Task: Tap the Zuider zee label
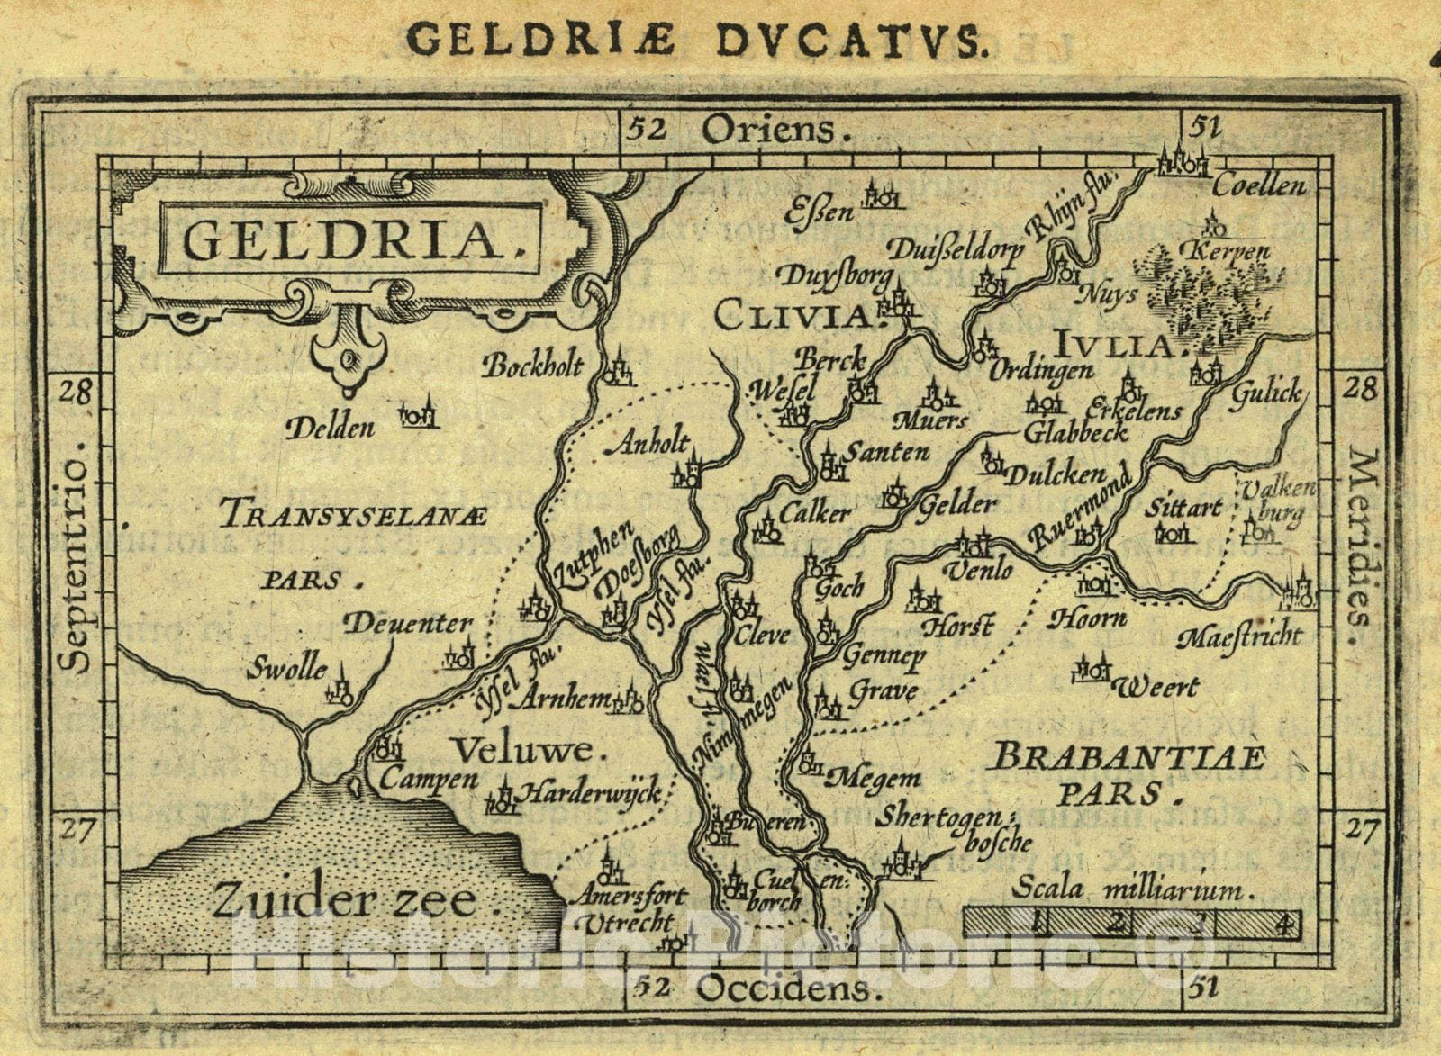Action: (344, 900)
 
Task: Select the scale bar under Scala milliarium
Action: (1132, 923)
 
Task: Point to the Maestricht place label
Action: (1239, 637)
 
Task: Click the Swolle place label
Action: (287, 669)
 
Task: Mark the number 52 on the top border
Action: (648, 131)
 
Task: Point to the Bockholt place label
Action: (533, 366)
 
